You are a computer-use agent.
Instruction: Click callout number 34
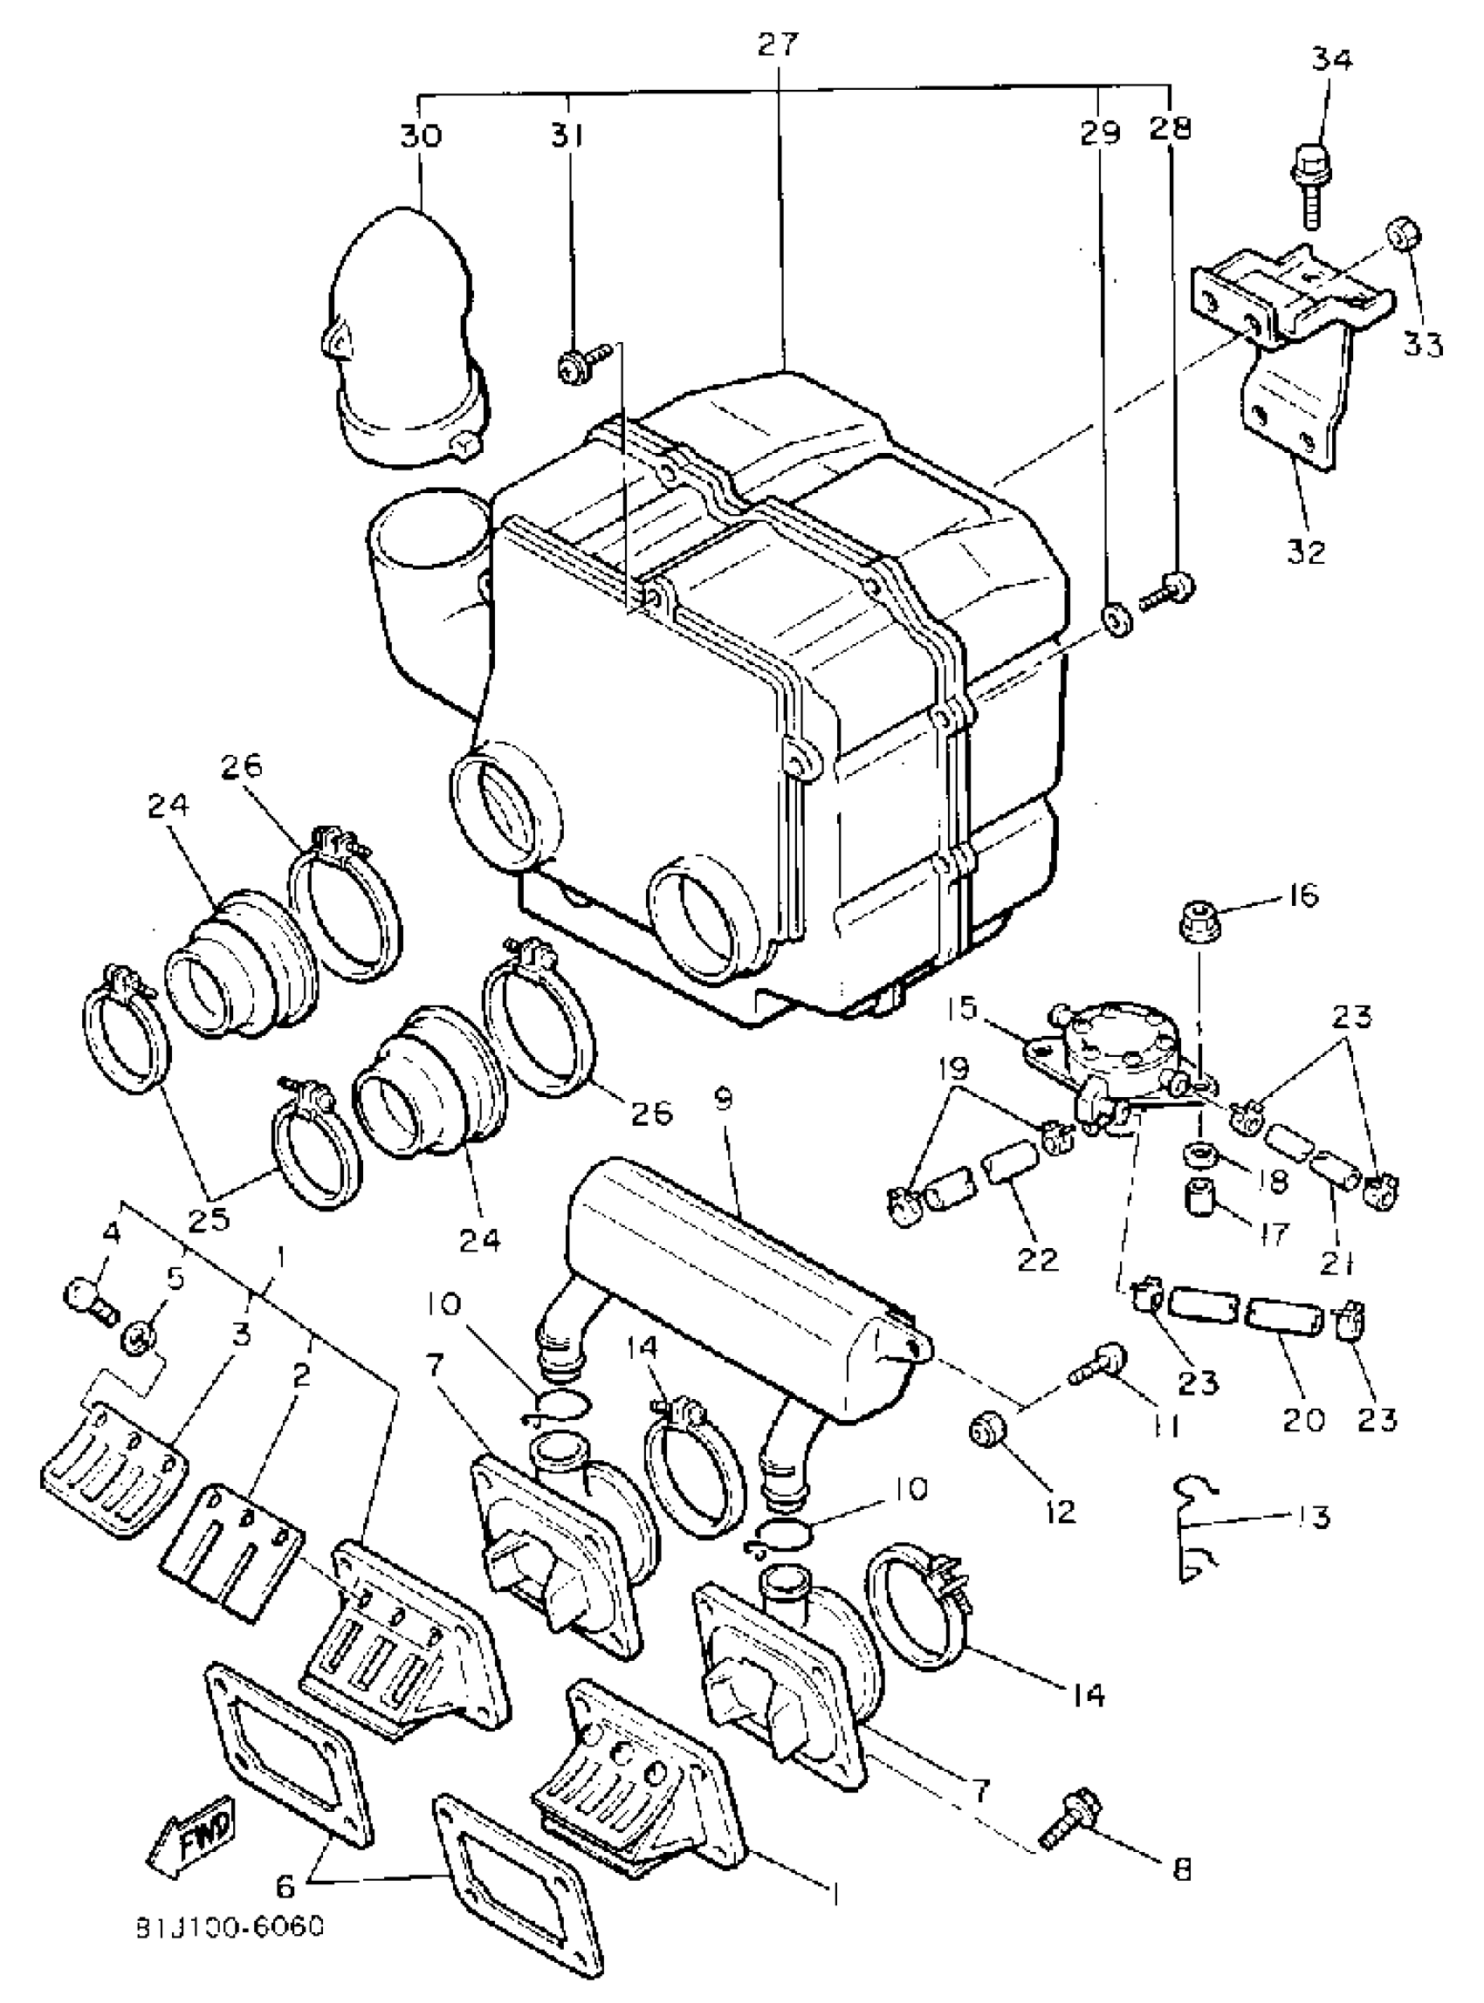pyautogui.click(x=1332, y=59)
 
